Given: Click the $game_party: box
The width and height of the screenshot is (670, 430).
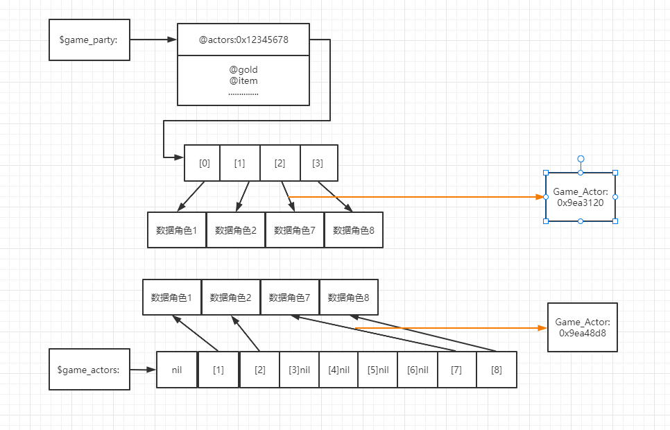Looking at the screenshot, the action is pos(89,40).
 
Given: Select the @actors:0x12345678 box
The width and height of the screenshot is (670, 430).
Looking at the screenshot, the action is pos(243,40).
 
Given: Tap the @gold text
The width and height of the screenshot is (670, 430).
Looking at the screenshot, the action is pos(243,69).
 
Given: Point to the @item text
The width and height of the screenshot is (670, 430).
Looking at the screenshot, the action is pos(243,80).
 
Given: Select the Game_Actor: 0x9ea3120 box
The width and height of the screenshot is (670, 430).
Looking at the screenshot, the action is pos(581,197).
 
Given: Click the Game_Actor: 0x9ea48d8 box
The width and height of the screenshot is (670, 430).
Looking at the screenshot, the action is pos(583,327).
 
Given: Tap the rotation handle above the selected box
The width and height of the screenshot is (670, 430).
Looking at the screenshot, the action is pos(581,159).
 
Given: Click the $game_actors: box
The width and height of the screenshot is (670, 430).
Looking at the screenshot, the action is pos(89,369).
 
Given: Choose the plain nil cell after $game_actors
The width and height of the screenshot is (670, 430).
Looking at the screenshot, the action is pos(176,370).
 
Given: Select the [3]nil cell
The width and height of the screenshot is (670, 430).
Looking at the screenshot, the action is pos(299,370).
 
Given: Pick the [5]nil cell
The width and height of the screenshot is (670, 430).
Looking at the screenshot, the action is pos(378,370).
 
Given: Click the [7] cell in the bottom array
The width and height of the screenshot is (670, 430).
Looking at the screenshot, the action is pos(457,370).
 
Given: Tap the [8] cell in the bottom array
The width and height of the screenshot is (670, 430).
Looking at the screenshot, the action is pos(497,370).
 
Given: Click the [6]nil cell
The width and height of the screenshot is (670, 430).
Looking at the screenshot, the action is pos(418,370).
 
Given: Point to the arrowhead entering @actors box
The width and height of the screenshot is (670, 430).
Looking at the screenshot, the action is pos(172,40).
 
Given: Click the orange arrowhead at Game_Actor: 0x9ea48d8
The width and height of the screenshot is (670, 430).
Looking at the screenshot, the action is pos(542,328).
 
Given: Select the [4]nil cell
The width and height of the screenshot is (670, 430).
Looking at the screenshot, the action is pos(338,370).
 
